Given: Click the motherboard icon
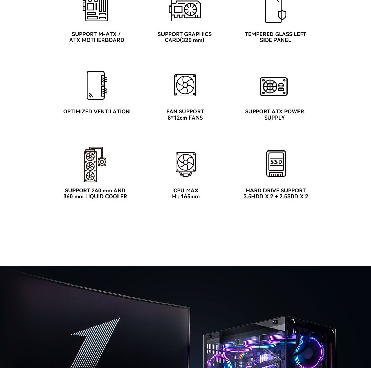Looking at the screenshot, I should pyautogui.click(x=95, y=10).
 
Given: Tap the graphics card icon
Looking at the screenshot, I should pyautogui.click(x=184, y=10).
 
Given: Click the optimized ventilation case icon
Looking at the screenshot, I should pyautogui.click(x=97, y=85).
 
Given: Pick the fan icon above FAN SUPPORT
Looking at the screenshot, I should pyautogui.click(x=185, y=85).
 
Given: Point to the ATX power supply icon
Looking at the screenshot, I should pyautogui.click(x=274, y=86).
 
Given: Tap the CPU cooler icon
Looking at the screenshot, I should pyautogui.click(x=185, y=164).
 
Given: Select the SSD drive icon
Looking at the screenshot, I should pyautogui.click(x=276, y=163).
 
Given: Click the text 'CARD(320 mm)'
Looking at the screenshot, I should pyautogui.click(x=184, y=40).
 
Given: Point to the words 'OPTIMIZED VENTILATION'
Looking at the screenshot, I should pyautogui.click(x=96, y=112).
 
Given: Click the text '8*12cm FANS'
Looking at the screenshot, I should pyautogui.click(x=185, y=118).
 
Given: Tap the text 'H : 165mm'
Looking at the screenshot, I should pyautogui.click(x=186, y=197).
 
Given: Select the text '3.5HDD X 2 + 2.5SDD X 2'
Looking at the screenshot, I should pyautogui.click(x=276, y=197).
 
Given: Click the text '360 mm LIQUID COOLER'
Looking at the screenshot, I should pyautogui.click(x=95, y=197).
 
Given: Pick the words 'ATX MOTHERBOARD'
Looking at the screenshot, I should pyautogui.click(x=97, y=40).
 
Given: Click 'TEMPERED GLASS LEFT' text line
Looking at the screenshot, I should pyautogui.click(x=276, y=34).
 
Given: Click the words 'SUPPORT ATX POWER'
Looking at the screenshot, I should pyautogui.click(x=274, y=112).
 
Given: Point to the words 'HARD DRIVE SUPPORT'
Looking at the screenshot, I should pyautogui.click(x=276, y=191).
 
